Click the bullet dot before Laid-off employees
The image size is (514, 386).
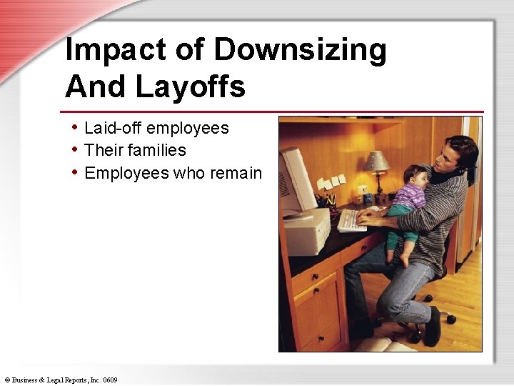(x=76, y=128)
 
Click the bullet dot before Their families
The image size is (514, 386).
(x=76, y=150)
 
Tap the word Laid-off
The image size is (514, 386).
(x=108, y=128)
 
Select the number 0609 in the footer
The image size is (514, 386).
(x=109, y=380)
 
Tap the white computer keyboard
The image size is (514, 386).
(x=351, y=220)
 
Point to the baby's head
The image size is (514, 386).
(x=413, y=175)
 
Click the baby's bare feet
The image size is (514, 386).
(x=400, y=257)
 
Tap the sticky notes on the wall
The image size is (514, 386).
(x=331, y=182)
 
